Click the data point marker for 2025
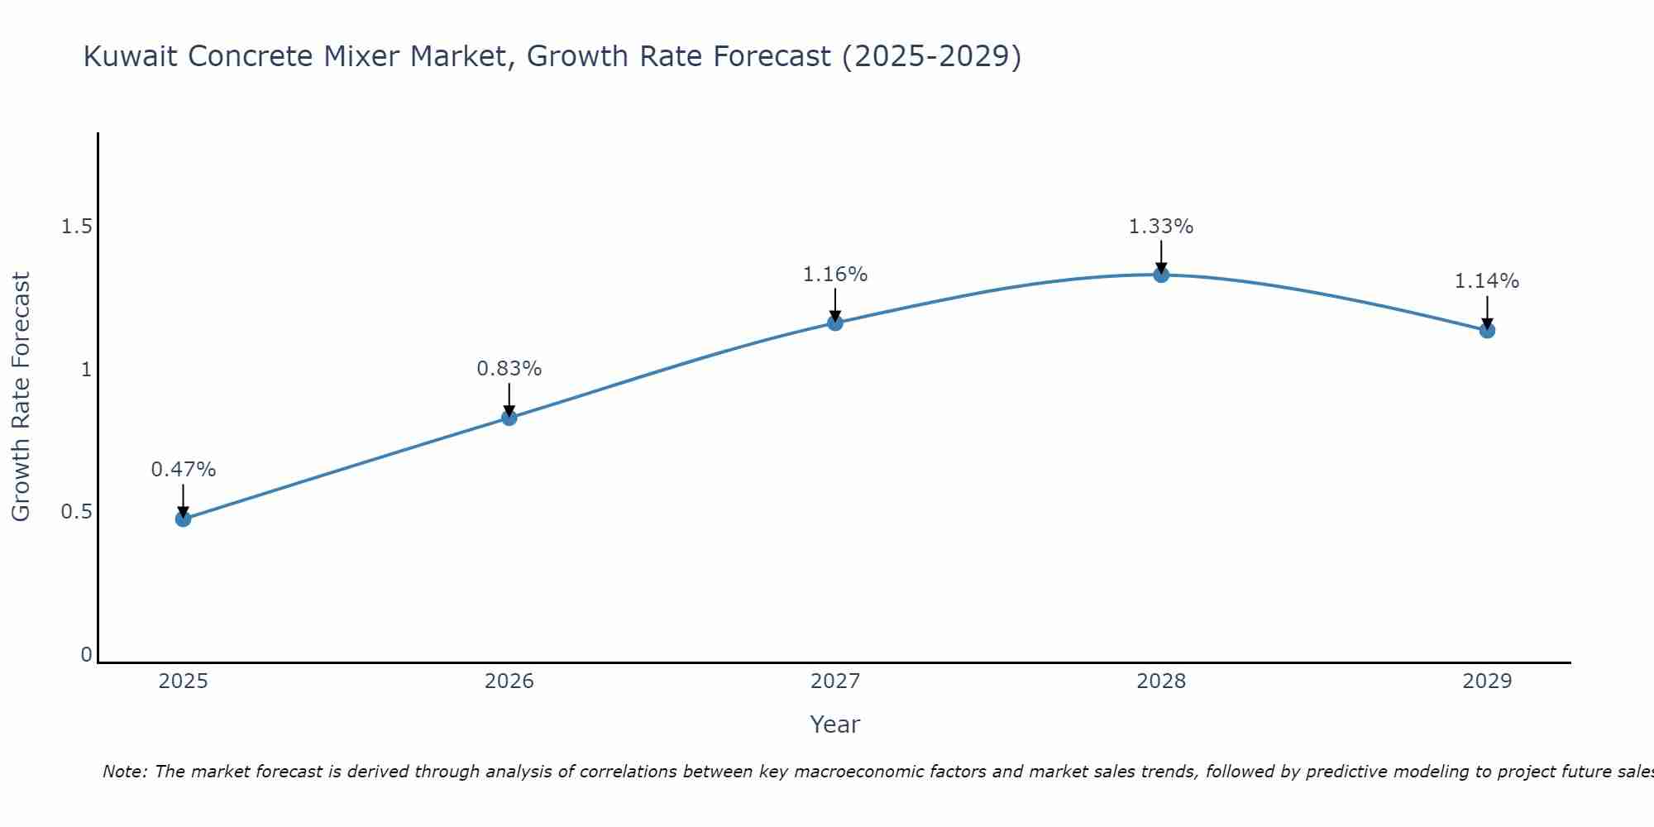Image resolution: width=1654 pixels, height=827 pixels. click(x=184, y=519)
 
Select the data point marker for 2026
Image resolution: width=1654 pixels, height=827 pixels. click(x=509, y=418)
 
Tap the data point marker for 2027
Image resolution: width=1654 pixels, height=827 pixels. click(x=835, y=323)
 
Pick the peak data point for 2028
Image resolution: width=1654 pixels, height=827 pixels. click(x=1161, y=275)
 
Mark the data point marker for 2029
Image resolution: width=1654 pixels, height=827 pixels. click(x=1487, y=331)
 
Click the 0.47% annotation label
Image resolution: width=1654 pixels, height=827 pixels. click(x=184, y=470)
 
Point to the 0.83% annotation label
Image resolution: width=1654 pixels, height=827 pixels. click(x=509, y=369)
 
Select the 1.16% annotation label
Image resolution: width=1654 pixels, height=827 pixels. click(x=835, y=275)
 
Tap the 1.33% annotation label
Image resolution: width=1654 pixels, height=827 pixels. click(x=1161, y=227)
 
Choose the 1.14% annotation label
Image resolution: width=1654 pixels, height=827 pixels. click(x=1487, y=281)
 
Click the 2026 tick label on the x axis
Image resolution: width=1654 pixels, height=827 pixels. click(x=509, y=681)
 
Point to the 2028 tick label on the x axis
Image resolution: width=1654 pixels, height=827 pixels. click(x=1161, y=681)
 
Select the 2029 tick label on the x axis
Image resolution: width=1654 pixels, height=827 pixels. click(x=1487, y=681)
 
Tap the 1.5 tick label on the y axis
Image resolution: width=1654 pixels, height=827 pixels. click(x=76, y=227)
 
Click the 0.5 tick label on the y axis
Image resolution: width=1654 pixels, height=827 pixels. click(x=76, y=512)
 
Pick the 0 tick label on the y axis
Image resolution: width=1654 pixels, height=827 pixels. click(x=86, y=655)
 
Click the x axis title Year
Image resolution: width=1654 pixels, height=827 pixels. click(x=835, y=724)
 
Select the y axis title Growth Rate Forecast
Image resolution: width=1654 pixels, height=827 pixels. click(x=21, y=397)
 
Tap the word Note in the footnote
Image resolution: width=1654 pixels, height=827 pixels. click(x=124, y=772)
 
